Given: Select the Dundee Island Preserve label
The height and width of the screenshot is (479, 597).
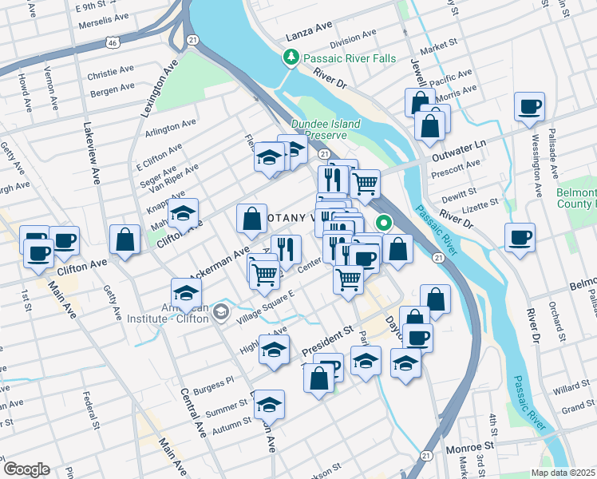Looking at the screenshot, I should click(x=326, y=129).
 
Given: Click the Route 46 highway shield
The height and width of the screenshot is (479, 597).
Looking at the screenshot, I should click(x=116, y=42).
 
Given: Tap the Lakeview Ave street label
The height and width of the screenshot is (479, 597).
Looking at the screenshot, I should click(x=90, y=152).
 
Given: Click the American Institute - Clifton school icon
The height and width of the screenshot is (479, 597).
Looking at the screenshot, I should click(x=221, y=313).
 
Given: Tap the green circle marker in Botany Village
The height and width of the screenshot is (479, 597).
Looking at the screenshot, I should click(x=384, y=224).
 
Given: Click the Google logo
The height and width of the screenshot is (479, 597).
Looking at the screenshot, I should click(x=26, y=469).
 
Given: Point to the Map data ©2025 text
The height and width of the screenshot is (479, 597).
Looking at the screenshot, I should click(x=562, y=473).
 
